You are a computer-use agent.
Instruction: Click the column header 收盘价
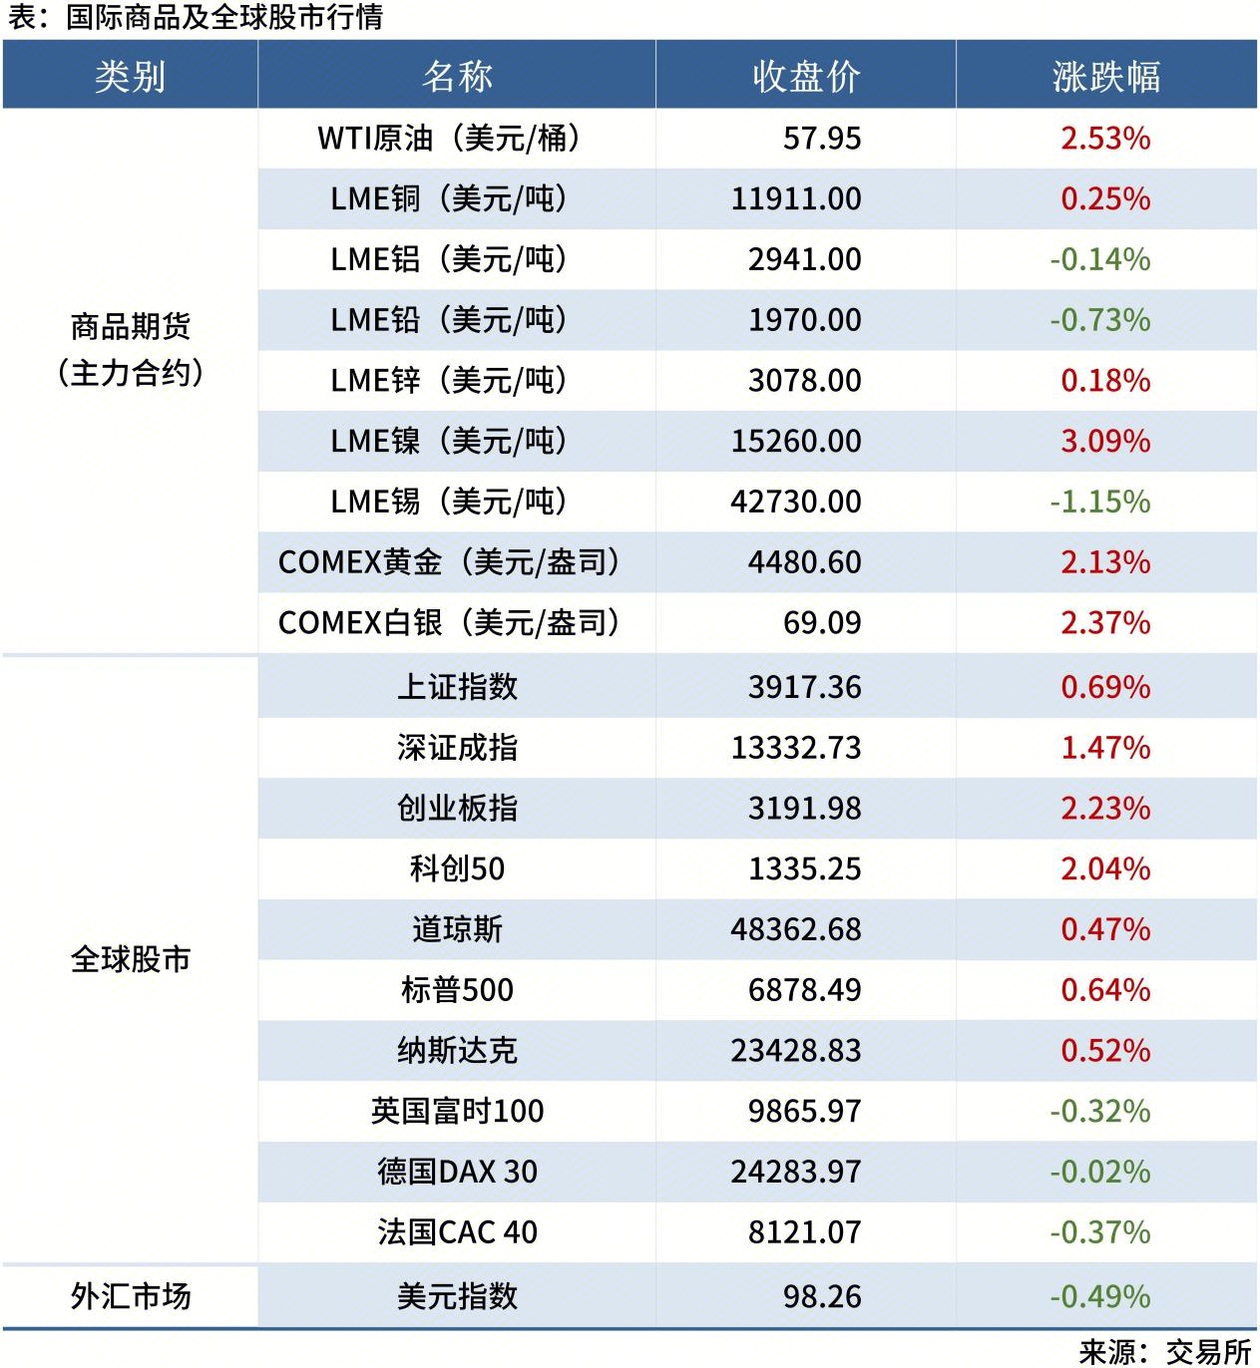click(805, 76)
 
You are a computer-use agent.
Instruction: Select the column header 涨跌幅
click(1105, 76)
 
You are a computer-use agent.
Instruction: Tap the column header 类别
click(130, 76)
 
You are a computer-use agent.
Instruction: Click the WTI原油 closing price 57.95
click(821, 138)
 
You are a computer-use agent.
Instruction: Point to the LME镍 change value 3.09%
click(1104, 441)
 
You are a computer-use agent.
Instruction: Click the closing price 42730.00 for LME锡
click(795, 502)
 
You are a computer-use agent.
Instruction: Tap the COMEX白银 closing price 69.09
click(821, 623)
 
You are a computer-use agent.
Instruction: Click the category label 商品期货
click(130, 326)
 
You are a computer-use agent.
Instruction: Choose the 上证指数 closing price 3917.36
click(804, 687)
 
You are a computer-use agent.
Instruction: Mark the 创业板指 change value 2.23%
click(1104, 809)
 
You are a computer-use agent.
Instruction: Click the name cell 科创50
click(456, 868)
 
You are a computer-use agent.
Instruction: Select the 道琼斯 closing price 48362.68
click(795, 929)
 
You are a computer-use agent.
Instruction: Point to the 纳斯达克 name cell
click(456, 1051)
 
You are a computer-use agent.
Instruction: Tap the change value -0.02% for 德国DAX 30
click(1099, 1172)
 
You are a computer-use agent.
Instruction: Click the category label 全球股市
click(130, 959)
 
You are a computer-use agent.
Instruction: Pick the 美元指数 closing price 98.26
click(821, 1296)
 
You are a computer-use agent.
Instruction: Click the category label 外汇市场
click(130, 1296)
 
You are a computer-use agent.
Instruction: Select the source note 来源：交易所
click(1164, 1351)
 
